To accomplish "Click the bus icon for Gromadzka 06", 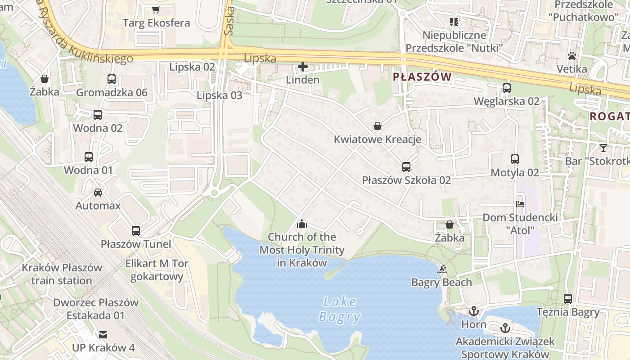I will pos(112,79).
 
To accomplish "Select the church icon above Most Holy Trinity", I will pos(302,223).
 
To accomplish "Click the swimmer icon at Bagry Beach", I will pos(442,269).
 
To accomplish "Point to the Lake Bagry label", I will pos(340,309).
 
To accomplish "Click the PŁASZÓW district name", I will pos(422,77).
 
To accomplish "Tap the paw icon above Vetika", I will pos(572,56).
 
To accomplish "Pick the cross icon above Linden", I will pos(303,67).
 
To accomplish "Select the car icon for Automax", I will pos(98,193).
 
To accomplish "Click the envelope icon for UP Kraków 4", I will pos(103,334).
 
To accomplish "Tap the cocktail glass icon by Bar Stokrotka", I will pos(603,148).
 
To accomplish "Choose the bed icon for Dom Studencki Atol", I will pos(520,204).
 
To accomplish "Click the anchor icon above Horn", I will pos(473,311).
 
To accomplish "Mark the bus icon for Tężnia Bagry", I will pos(568,298).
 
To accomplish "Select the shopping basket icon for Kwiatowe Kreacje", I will pos(378,126).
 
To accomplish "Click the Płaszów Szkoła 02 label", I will pos(406,180).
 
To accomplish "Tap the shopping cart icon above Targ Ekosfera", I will pos(156,9).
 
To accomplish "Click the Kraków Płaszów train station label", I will pos(62,274).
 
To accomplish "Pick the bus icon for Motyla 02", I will pos(515,159).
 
